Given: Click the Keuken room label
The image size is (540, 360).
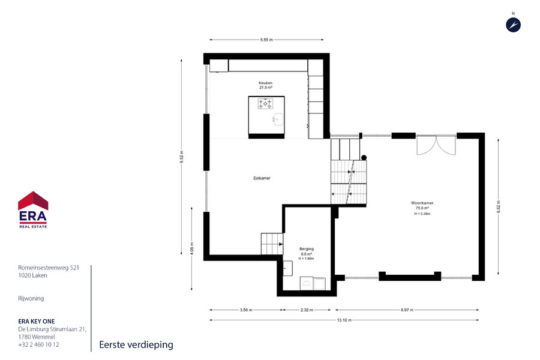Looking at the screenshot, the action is click(x=266, y=83).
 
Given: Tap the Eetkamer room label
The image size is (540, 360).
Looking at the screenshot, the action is click(x=262, y=178).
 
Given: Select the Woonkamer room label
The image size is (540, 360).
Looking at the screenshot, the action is click(x=422, y=203).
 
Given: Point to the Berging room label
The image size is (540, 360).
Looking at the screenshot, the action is click(x=307, y=249).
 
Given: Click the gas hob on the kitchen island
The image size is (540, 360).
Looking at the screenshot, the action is click(x=266, y=103).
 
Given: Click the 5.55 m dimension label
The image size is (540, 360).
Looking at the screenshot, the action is click(x=266, y=40).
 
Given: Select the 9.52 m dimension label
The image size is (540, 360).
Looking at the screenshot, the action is click(x=181, y=157).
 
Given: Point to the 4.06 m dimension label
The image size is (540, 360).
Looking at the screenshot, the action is click(x=192, y=249).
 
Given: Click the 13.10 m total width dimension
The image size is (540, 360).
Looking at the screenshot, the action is click(x=344, y=320).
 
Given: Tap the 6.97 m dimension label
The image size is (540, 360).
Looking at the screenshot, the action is click(x=407, y=310).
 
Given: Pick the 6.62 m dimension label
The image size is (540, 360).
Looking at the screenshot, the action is click(x=499, y=206).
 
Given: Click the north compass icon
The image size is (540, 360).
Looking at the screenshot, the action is click(x=513, y=25).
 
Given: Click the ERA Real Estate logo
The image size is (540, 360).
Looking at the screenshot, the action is click(x=33, y=209).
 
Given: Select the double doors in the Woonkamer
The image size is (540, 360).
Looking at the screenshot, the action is click(x=436, y=145).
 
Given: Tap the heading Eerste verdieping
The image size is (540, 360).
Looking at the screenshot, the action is click(x=136, y=344).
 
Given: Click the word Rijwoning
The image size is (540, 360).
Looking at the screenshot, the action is click(x=31, y=298).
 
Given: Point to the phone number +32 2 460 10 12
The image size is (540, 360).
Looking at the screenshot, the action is click(x=38, y=344).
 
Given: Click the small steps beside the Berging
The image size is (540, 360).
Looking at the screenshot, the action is click(x=272, y=244).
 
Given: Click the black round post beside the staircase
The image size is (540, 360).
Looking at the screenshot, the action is click(x=364, y=158).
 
